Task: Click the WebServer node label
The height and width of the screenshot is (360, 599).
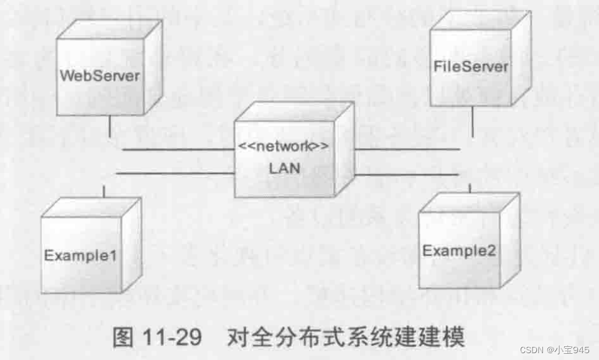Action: (100, 76)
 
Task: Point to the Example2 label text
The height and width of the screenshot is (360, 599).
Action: (459, 251)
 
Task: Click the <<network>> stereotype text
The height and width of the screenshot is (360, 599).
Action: (284, 148)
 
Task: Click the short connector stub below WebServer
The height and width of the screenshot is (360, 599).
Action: (109, 127)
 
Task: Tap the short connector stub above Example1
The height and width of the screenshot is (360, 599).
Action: (104, 190)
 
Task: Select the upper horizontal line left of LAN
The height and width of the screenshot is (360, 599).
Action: (177, 149)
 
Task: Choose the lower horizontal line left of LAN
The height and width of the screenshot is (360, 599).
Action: (174, 173)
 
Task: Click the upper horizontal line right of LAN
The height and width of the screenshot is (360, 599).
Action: (407, 149)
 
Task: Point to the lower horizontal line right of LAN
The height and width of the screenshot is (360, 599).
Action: (407, 175)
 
